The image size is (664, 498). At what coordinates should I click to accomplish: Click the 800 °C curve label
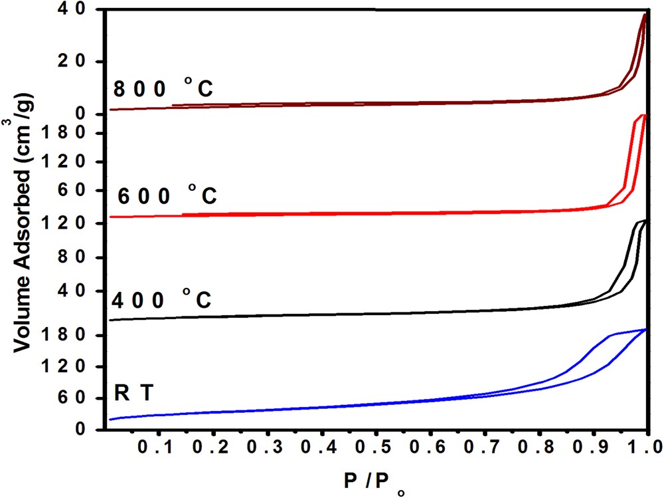[163, 89]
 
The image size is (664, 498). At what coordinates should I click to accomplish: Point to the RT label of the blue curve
[133, 394]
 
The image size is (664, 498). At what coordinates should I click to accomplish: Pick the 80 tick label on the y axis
[80, 258]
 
